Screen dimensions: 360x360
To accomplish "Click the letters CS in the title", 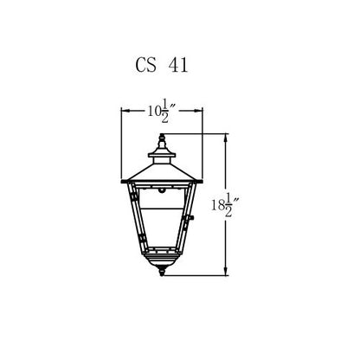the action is coord(146,65).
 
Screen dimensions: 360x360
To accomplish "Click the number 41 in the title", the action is coord(178,65).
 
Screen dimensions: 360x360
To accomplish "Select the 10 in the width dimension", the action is coord(154,111).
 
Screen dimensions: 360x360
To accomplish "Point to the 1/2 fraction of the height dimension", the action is coord(228,205).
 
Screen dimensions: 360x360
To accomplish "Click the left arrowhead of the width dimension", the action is coord(125,111).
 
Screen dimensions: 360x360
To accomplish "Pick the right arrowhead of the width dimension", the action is coord(199,111).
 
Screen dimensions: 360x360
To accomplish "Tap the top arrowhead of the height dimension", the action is coord(226,138).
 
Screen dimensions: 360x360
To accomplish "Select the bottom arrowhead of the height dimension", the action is coord(226,272).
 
